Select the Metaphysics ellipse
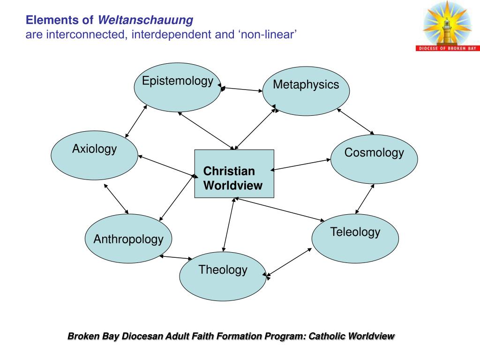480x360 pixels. pos(306,91)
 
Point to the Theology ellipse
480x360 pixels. pos(223,276)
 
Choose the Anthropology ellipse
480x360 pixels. pos(128,239)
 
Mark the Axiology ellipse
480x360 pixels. pos(94,155)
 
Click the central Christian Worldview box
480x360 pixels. pos(234,174)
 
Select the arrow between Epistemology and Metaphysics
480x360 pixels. pos(242,89)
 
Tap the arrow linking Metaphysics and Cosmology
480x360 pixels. pos(356,122)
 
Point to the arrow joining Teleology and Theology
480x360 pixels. pos(288,262)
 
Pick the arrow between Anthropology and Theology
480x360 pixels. pos(176,257)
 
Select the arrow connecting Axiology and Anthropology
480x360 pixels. pos(116,199)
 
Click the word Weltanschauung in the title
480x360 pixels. pos(145,20)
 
